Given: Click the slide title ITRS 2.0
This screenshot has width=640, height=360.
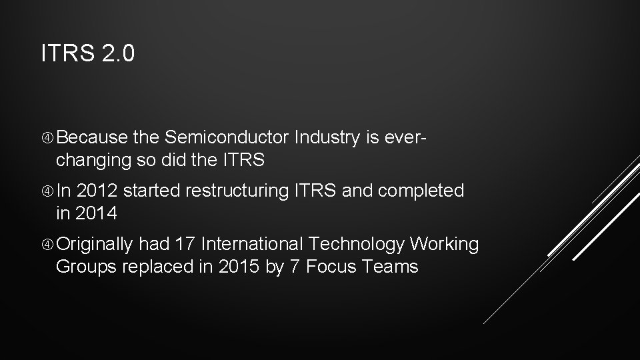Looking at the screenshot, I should [87, 54].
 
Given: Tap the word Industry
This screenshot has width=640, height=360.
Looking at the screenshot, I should [326, 138].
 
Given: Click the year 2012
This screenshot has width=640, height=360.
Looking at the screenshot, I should [97, 191].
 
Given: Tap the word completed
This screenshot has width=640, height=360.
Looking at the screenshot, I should [421, 191].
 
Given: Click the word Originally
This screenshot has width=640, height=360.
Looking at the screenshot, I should [95, 245].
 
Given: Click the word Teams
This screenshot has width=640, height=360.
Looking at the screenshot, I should [391, 267].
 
